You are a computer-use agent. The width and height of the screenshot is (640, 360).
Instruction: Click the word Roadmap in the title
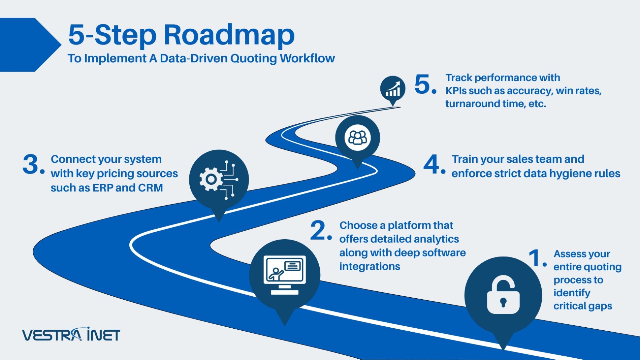(229, 35)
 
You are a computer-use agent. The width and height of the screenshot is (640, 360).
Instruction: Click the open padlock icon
(503, 295)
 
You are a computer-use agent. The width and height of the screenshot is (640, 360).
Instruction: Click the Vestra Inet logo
(71, 335)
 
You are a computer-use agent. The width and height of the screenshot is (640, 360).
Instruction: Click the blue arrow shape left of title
(27, 44)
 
